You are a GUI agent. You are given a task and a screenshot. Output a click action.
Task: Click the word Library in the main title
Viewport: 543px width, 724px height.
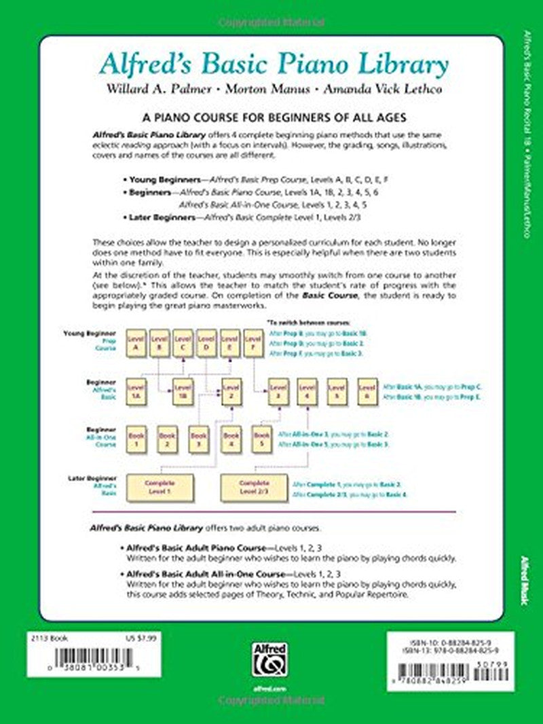point(403,66)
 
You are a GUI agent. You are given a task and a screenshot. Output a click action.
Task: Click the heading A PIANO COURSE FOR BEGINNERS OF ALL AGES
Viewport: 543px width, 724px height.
point(271,117)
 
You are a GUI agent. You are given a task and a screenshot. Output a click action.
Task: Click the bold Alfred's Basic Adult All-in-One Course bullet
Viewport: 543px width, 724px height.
point(210,575)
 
